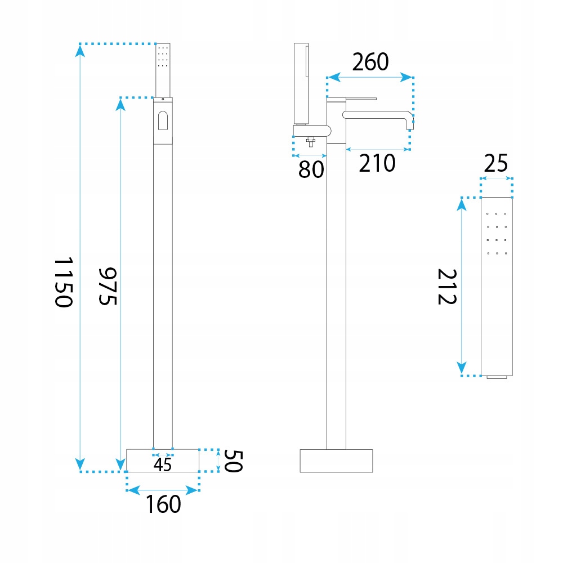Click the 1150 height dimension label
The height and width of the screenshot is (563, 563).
coord(64,282)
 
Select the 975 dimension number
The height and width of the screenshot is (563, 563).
coord(108,286)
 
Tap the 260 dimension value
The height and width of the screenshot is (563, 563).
coord(370,62)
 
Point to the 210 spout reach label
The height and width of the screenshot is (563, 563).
coord(377,163)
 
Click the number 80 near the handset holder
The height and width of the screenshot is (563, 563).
coord(311,169)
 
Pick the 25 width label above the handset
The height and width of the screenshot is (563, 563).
coord(496,163)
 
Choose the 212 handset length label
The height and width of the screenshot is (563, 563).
coord(447,287)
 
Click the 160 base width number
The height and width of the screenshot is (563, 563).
coord(163,504)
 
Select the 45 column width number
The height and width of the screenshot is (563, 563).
coord(162,464)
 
